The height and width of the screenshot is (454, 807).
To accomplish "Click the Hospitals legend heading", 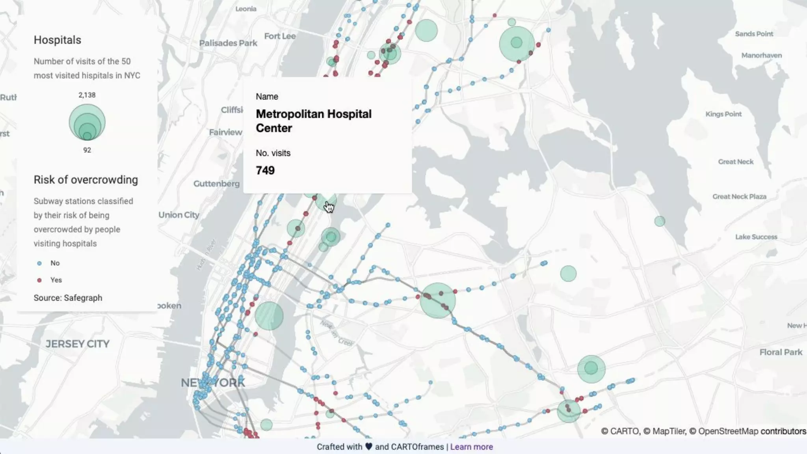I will [58, 40].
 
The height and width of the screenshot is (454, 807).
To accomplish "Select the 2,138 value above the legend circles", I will [87, 95].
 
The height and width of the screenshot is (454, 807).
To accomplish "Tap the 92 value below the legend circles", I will [87, 150].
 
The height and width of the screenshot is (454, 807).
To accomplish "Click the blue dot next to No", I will [39, 263].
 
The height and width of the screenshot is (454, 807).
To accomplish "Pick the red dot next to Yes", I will [39, 280].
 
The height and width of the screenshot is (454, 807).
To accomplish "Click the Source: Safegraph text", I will [68, 298].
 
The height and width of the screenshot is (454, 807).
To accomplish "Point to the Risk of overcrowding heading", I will [86, 180].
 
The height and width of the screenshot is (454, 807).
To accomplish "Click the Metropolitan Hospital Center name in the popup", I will [313, 121].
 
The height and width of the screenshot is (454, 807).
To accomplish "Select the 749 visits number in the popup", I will [265, 170].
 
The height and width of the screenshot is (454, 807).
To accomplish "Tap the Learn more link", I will [471, 447].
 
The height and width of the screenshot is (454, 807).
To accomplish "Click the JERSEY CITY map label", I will [77, 344].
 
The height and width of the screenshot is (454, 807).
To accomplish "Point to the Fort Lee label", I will [280, 36].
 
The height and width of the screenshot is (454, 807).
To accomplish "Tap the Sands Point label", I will [754, 34].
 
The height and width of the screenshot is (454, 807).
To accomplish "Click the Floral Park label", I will [781, 352].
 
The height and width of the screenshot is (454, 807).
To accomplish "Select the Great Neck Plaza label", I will [739, 197].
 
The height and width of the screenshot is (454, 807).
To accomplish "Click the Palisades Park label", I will [228, 43].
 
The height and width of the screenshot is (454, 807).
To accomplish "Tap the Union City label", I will [179, 215].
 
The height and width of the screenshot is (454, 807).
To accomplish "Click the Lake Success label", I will [756, 237].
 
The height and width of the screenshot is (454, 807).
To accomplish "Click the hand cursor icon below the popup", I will [329, 207].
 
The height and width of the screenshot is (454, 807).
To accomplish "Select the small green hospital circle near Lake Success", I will [660, 221].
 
